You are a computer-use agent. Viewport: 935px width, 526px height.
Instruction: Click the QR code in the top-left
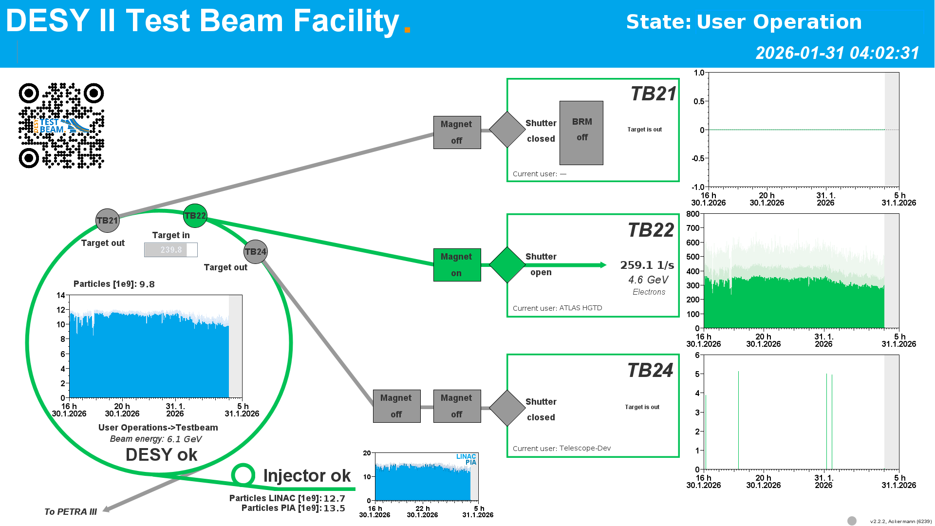61,126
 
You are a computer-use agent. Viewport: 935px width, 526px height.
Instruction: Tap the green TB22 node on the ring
195,216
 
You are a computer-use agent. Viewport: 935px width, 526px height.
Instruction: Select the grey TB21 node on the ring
107,221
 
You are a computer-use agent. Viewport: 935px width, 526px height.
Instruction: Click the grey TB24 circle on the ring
256,252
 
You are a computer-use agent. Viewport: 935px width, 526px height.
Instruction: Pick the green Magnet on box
457,265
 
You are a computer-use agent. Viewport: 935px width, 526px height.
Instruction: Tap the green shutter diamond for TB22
507,265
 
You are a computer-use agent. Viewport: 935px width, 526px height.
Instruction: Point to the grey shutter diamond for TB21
507,130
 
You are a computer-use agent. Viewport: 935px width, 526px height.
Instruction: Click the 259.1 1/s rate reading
647,265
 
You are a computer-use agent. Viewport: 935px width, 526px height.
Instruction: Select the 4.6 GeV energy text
648,280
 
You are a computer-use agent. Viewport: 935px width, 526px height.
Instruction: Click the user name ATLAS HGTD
580,308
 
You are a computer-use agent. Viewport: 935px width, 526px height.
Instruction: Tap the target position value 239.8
171,250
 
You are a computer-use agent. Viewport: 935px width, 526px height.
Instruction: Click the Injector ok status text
307,476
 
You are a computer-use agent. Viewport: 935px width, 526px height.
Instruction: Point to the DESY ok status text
161,455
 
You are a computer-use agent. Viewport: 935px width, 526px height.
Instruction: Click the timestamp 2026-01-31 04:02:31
837,53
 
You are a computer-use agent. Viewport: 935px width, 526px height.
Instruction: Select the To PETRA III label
71,512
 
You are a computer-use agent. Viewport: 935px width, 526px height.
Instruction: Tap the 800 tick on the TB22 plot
692,214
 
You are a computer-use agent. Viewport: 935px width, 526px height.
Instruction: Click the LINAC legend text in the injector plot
466,456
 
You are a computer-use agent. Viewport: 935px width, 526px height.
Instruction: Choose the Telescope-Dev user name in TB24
585,448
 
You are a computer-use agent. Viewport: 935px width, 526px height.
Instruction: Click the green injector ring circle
243,475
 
